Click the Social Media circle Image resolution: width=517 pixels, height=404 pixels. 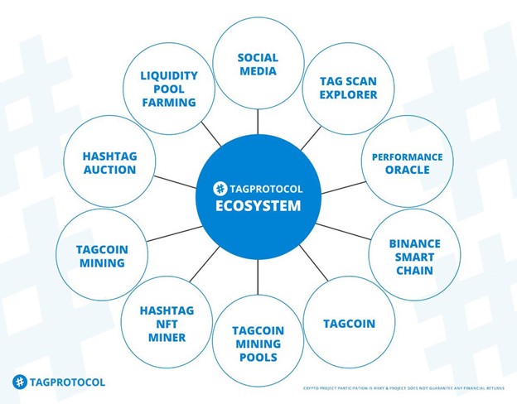click(258, 64)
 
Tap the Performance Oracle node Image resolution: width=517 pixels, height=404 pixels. click(407, 163)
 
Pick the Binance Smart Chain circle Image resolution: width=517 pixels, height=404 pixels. click(414, 257)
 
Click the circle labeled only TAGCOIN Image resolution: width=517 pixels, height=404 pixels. click(348, 324)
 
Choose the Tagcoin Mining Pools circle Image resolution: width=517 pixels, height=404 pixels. click(258, 344)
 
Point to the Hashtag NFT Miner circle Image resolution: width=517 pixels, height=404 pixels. click(167, 324)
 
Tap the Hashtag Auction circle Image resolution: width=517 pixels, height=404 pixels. click(109, 163)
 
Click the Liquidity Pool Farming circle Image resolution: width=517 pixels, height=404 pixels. click(167, 89)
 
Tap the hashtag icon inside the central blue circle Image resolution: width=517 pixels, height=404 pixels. click(220, 188)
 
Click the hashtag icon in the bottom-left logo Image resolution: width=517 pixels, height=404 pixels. click(19, 382)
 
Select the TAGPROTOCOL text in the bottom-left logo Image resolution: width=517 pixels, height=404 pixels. click(67, 382)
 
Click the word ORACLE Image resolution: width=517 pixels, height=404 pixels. click(407, 170)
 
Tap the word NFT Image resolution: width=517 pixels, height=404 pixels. click(167, 324)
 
